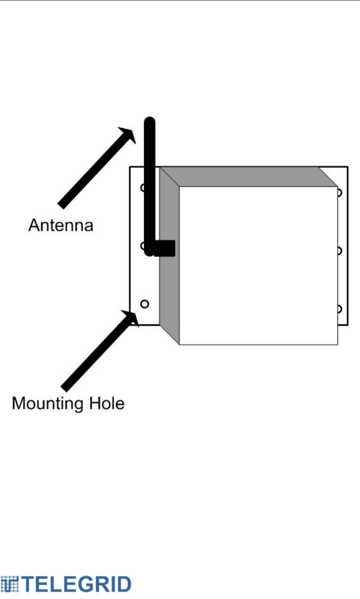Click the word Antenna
[61, 226]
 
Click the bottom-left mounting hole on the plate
[144, 304]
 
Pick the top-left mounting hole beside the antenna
[142, 188]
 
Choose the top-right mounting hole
[340, 193]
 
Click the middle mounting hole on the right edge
[340, 251]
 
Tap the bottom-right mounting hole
[340, 309]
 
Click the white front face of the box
[258, 266]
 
